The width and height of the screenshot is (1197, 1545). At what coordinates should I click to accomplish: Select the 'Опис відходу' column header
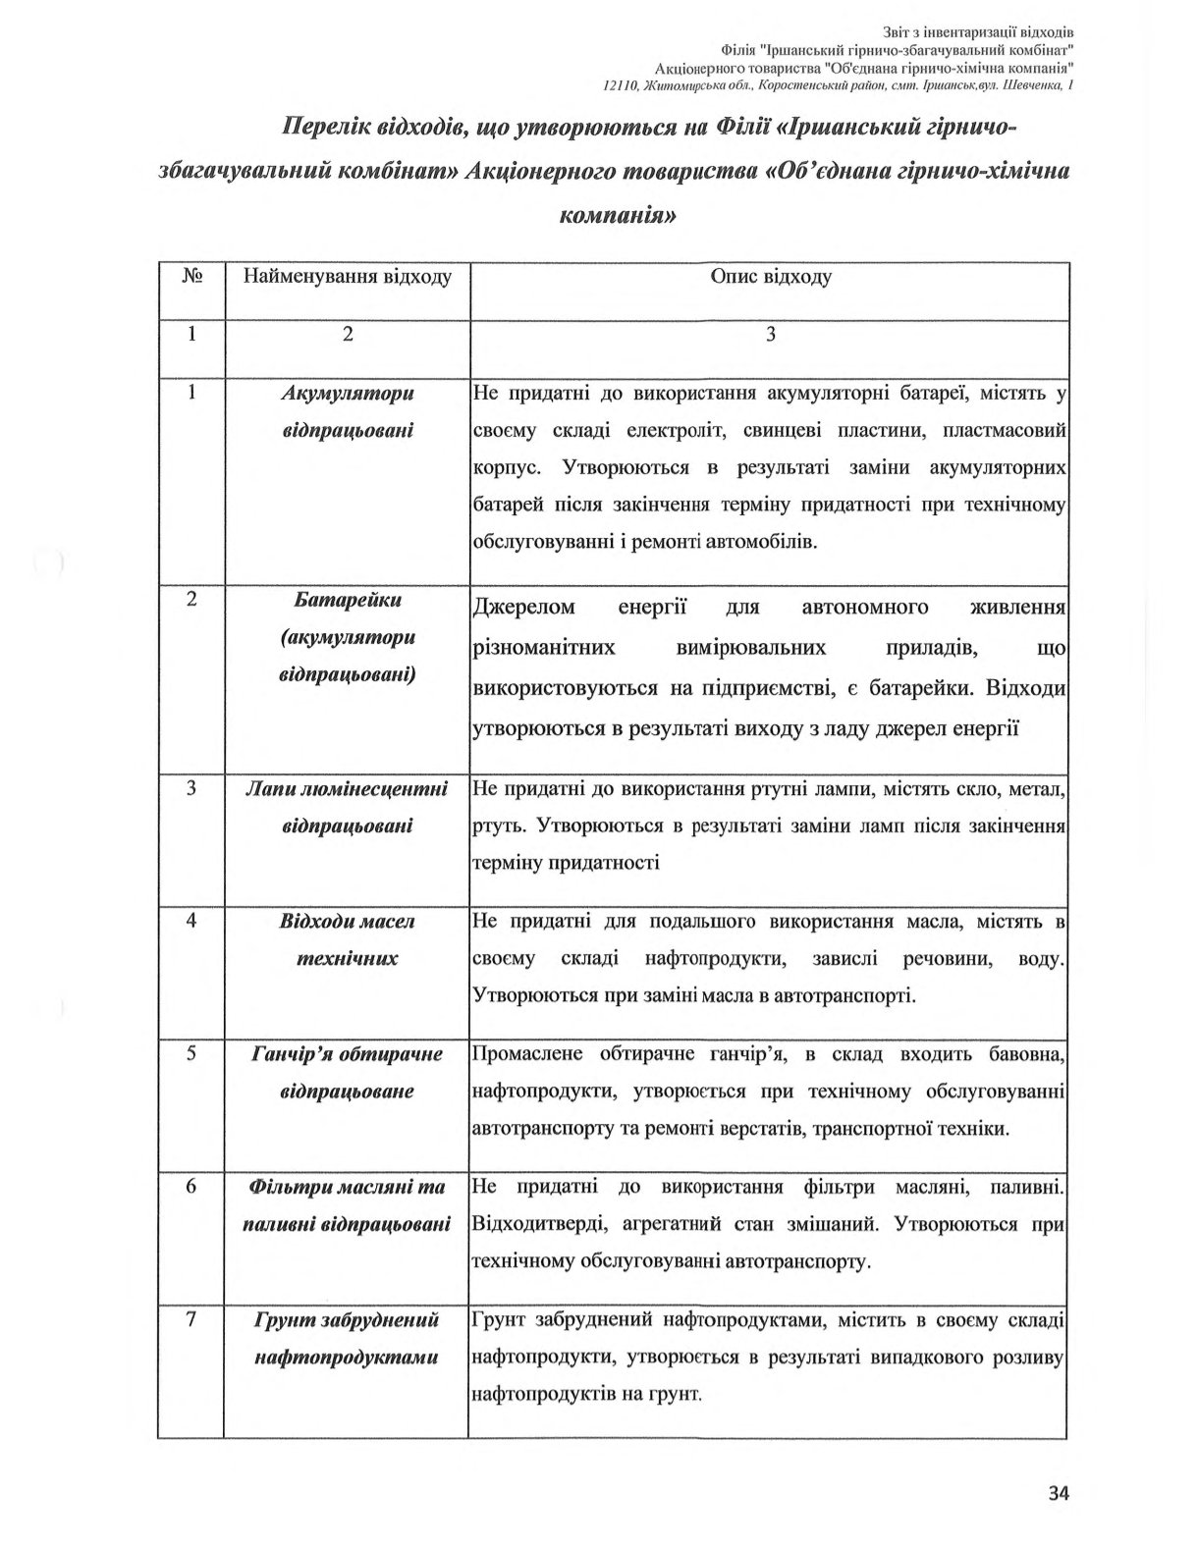(x=770, y=277)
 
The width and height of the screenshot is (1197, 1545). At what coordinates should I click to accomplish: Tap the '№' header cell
(x=192, y=277)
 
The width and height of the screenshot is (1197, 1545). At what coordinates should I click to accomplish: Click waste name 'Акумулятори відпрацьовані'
(x=347, y=412)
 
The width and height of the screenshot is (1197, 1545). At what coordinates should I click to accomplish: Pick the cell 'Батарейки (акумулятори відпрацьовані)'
(x=347, y=637)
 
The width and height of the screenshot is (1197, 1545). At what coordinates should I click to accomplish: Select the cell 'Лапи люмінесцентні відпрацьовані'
(x=347, y=807)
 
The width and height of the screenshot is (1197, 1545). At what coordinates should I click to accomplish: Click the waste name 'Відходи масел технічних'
(x=347, y=939)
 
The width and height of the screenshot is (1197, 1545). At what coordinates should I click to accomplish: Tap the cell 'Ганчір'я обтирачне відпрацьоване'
(x=347, y=1073)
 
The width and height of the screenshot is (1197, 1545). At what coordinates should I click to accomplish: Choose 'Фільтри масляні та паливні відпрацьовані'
(x=347, y=1205)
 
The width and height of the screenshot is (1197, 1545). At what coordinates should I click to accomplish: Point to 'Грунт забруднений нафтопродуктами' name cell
(x=347, y=1339)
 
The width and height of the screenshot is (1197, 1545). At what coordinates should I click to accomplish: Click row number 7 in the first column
(x=192, y=1320)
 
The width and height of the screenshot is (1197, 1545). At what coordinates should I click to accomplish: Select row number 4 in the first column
(x=192, y=921)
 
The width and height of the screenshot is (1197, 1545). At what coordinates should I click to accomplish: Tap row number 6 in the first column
(x=192, y=1187)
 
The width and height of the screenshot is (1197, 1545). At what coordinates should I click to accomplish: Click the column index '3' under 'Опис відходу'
(x=770, y=334)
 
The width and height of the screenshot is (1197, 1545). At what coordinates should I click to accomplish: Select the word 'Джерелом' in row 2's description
(x=524, y=608)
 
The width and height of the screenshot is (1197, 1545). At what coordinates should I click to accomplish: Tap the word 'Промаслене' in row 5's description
(x=527, y=1054)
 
